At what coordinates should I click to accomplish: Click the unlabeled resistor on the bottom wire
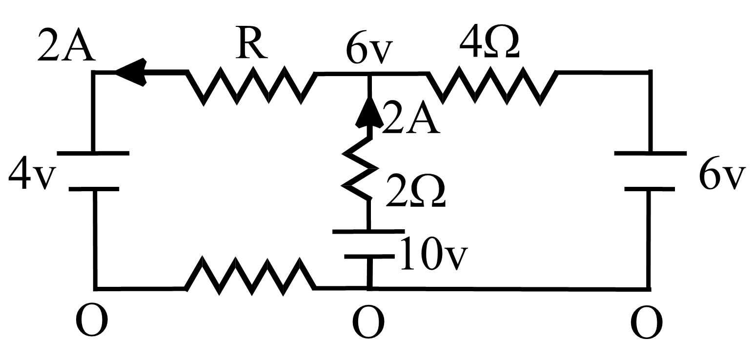tap(251, 276)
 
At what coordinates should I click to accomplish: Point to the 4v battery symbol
tap(93, 171)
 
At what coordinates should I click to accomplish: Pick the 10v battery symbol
tap(369, 242)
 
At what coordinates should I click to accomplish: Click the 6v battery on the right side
tap(650, 171)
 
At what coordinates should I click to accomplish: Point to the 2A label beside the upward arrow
tap(411, 118)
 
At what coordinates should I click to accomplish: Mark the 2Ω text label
tap(415, 191)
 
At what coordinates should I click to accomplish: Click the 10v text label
tap(434, 253)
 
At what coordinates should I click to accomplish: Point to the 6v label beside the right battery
tap(722, 174)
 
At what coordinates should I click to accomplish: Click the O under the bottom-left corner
tap(92, 320)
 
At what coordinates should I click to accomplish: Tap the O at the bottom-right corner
tap(647, 322)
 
